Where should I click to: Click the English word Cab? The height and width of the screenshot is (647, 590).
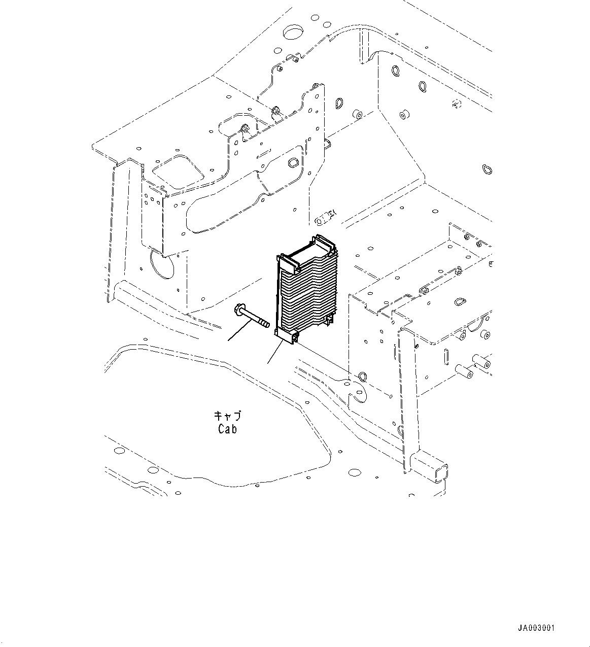click(x=227, y=429)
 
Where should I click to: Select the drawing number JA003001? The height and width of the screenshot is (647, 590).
click(x=537, y=628)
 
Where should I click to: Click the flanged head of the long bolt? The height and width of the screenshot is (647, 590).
click(x=238, y=309)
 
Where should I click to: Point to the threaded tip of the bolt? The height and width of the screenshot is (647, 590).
click(x=265, y=323)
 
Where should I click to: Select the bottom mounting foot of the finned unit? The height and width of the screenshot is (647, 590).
click(x=287, y=337)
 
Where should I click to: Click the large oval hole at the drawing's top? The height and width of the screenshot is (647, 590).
click(x=293, y=33)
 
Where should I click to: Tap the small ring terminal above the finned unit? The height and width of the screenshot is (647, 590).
click(x=325, y=216)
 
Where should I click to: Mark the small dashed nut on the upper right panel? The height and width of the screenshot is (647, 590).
click(x=455, y=105)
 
